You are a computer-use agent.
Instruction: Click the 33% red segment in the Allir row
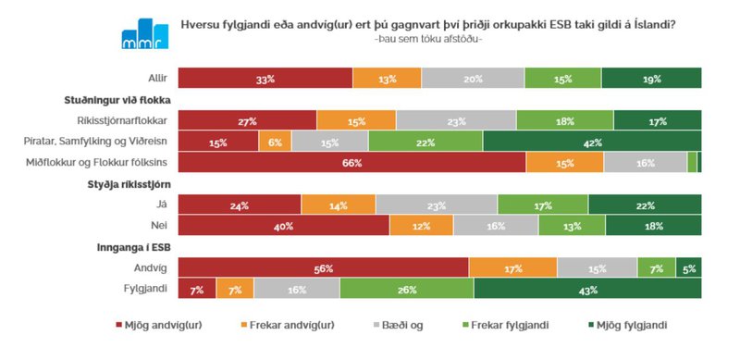click(x=265, y=80)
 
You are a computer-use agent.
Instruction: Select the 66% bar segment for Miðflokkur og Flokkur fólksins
click(x=351, y=162)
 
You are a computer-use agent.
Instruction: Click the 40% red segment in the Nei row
click(x=283, y=225)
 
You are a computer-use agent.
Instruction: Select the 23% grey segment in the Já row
click(x=437, y=204)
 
